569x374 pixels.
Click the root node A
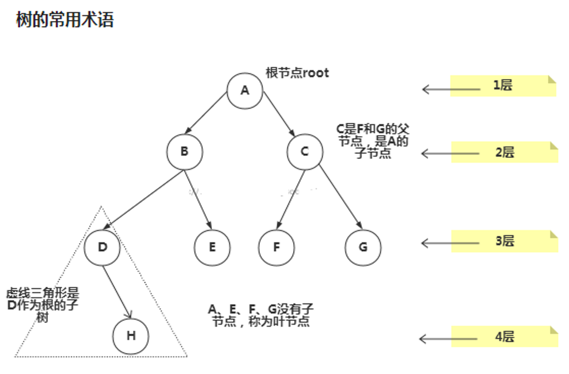(x=245, y=90)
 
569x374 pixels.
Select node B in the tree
(x=185, y=151)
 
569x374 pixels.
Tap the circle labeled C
(x=305, y=151)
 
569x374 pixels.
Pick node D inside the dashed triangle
(x=102, y=247)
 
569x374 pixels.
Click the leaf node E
(x=212, y=247)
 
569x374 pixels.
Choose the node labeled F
(x=276, y=247)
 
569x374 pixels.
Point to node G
(x=363, y=247)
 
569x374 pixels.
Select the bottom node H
(x=131, y=336)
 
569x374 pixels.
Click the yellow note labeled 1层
(x=503, y=86)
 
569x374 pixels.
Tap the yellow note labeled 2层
(x=504, y=152)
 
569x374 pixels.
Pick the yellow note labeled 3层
(x=504, y=241)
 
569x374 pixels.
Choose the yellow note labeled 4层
(x=504, y=336)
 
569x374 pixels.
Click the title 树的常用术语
(x=65, y=20)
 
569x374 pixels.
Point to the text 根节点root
(x=297, y=73)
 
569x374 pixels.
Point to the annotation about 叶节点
(x=260, y=315)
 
